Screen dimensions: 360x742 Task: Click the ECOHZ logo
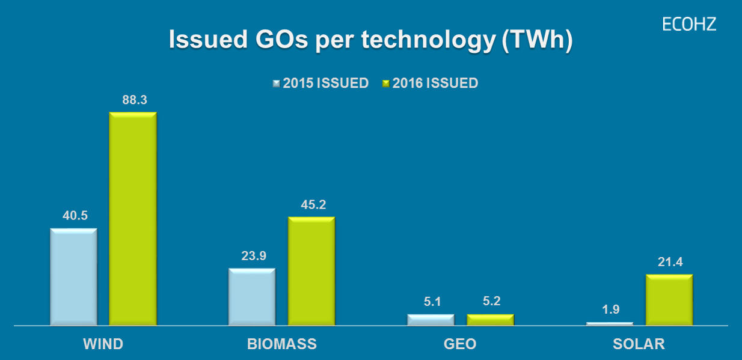689,24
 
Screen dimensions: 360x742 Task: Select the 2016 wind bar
132,219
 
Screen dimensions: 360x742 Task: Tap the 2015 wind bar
73,276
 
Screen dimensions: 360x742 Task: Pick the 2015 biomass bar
252,297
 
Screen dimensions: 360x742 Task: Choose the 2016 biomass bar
311,271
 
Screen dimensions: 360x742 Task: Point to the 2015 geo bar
431,320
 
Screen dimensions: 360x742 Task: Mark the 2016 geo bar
490,320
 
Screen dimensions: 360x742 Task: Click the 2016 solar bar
669,300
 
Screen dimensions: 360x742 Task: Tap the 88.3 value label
135,100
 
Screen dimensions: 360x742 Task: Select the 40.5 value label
75,216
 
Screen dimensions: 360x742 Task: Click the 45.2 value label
313,205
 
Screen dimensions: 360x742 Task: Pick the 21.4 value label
670,262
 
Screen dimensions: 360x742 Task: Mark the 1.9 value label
611,310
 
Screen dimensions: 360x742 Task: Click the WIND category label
103,344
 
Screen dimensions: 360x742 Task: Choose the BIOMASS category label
282,344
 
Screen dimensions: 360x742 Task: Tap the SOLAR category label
639,344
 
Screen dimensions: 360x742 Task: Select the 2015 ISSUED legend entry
320,84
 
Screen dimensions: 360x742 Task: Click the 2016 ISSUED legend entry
430,84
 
